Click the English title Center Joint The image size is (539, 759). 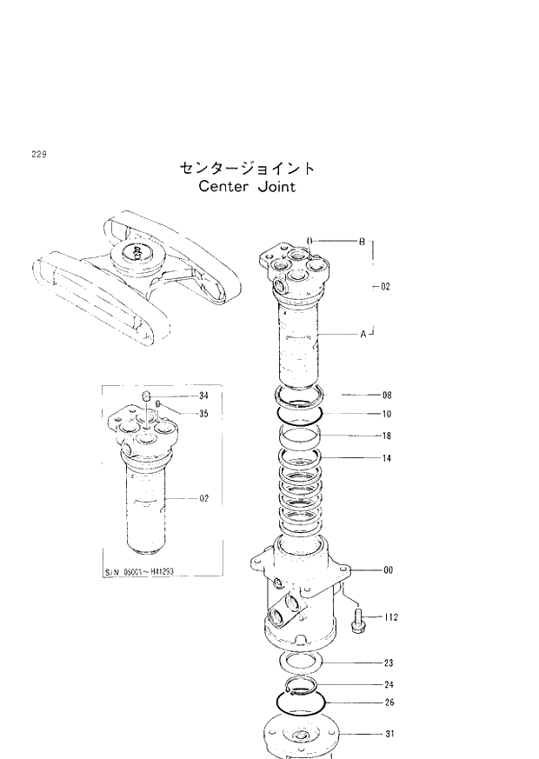click(x=247, y=186)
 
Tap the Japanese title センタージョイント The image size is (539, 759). click(x=247, y=167)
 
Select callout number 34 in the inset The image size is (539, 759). click(x=204, y=396)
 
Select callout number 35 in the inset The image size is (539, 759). click(x=204, y=413)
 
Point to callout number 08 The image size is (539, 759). click(x=387, y=395)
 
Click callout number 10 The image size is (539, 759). click(x=387, y=414)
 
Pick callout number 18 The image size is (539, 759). click(x=387, y=436)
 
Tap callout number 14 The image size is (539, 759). click(x=387, y=457)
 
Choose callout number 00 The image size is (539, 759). click(x=388, y=570)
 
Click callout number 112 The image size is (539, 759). click(x=390, y=617)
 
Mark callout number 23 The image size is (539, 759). click(x=389, y=662)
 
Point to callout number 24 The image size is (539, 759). click(x=389, y=684)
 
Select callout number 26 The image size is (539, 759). click(x=389, y=702)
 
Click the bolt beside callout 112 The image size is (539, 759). click(x=357, y=620)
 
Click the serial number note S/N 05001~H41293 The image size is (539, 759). click(x=148, y=572)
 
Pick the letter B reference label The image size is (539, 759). click(x=363, y=241)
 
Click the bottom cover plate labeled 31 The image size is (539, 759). click(x=301, y=737)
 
